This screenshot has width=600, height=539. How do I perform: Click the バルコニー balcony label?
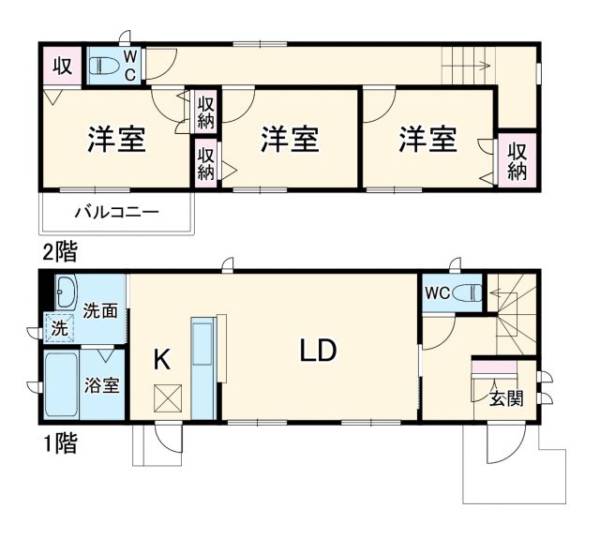117,212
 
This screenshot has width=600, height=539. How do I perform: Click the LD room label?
318,350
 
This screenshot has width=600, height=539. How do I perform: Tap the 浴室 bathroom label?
102,384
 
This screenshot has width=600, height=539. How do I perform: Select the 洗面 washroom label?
100,311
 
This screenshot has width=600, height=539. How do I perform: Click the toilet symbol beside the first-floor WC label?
465,292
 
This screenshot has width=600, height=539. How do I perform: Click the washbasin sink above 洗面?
64,293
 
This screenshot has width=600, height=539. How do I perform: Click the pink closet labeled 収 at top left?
62,66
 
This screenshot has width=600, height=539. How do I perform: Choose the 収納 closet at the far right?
517,159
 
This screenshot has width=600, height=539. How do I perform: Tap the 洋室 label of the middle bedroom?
290,140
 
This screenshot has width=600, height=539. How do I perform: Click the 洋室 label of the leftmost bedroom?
116,140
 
